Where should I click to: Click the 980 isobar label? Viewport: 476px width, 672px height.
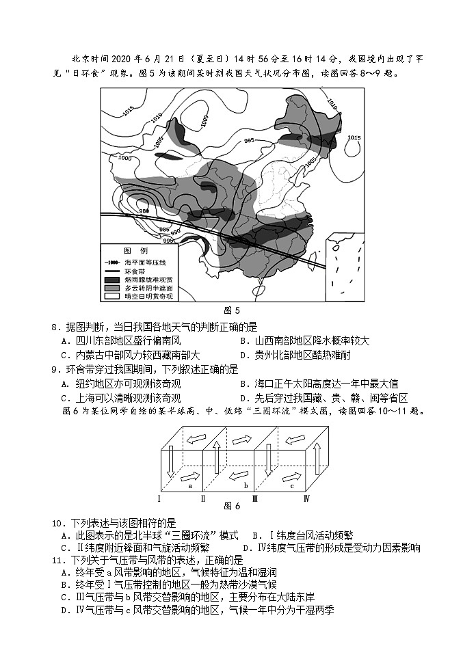click(x=144, y=211)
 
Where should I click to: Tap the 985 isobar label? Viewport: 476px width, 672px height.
click(x=164, y=229)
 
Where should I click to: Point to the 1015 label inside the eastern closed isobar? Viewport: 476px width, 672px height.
click(x=354, y=139)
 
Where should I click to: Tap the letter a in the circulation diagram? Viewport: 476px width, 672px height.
click(x=189, y=486)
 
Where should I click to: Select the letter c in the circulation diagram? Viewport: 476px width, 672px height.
click(x=292, y=486)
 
